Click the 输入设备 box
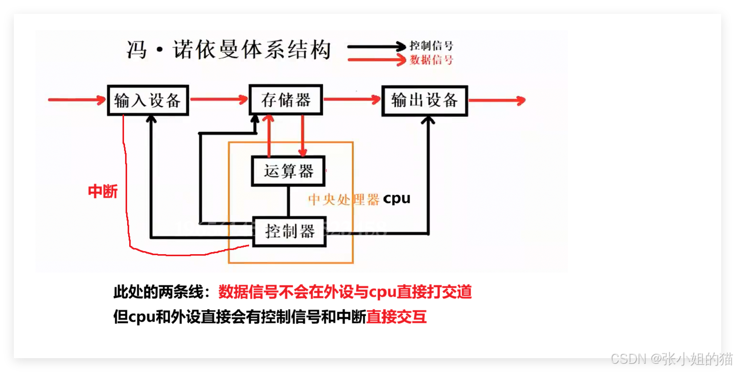click(148, 100)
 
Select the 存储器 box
click(286, 100)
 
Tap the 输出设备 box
click(424, 100)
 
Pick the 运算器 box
click(289, 171)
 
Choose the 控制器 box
click(290, 232)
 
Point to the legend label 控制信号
click(432, 46)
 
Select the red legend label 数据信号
click(432, 60)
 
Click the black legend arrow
click(376, 46)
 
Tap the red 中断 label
click(103, 192)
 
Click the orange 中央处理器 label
click(344, 199)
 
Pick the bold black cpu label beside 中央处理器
click(397, 198)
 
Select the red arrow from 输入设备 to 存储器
click(218, 100)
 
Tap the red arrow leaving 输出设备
click(496, 100)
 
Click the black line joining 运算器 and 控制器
click(289, 201)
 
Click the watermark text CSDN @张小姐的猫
click(671, 358)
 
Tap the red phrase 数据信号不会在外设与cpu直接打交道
click(345, 292)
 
